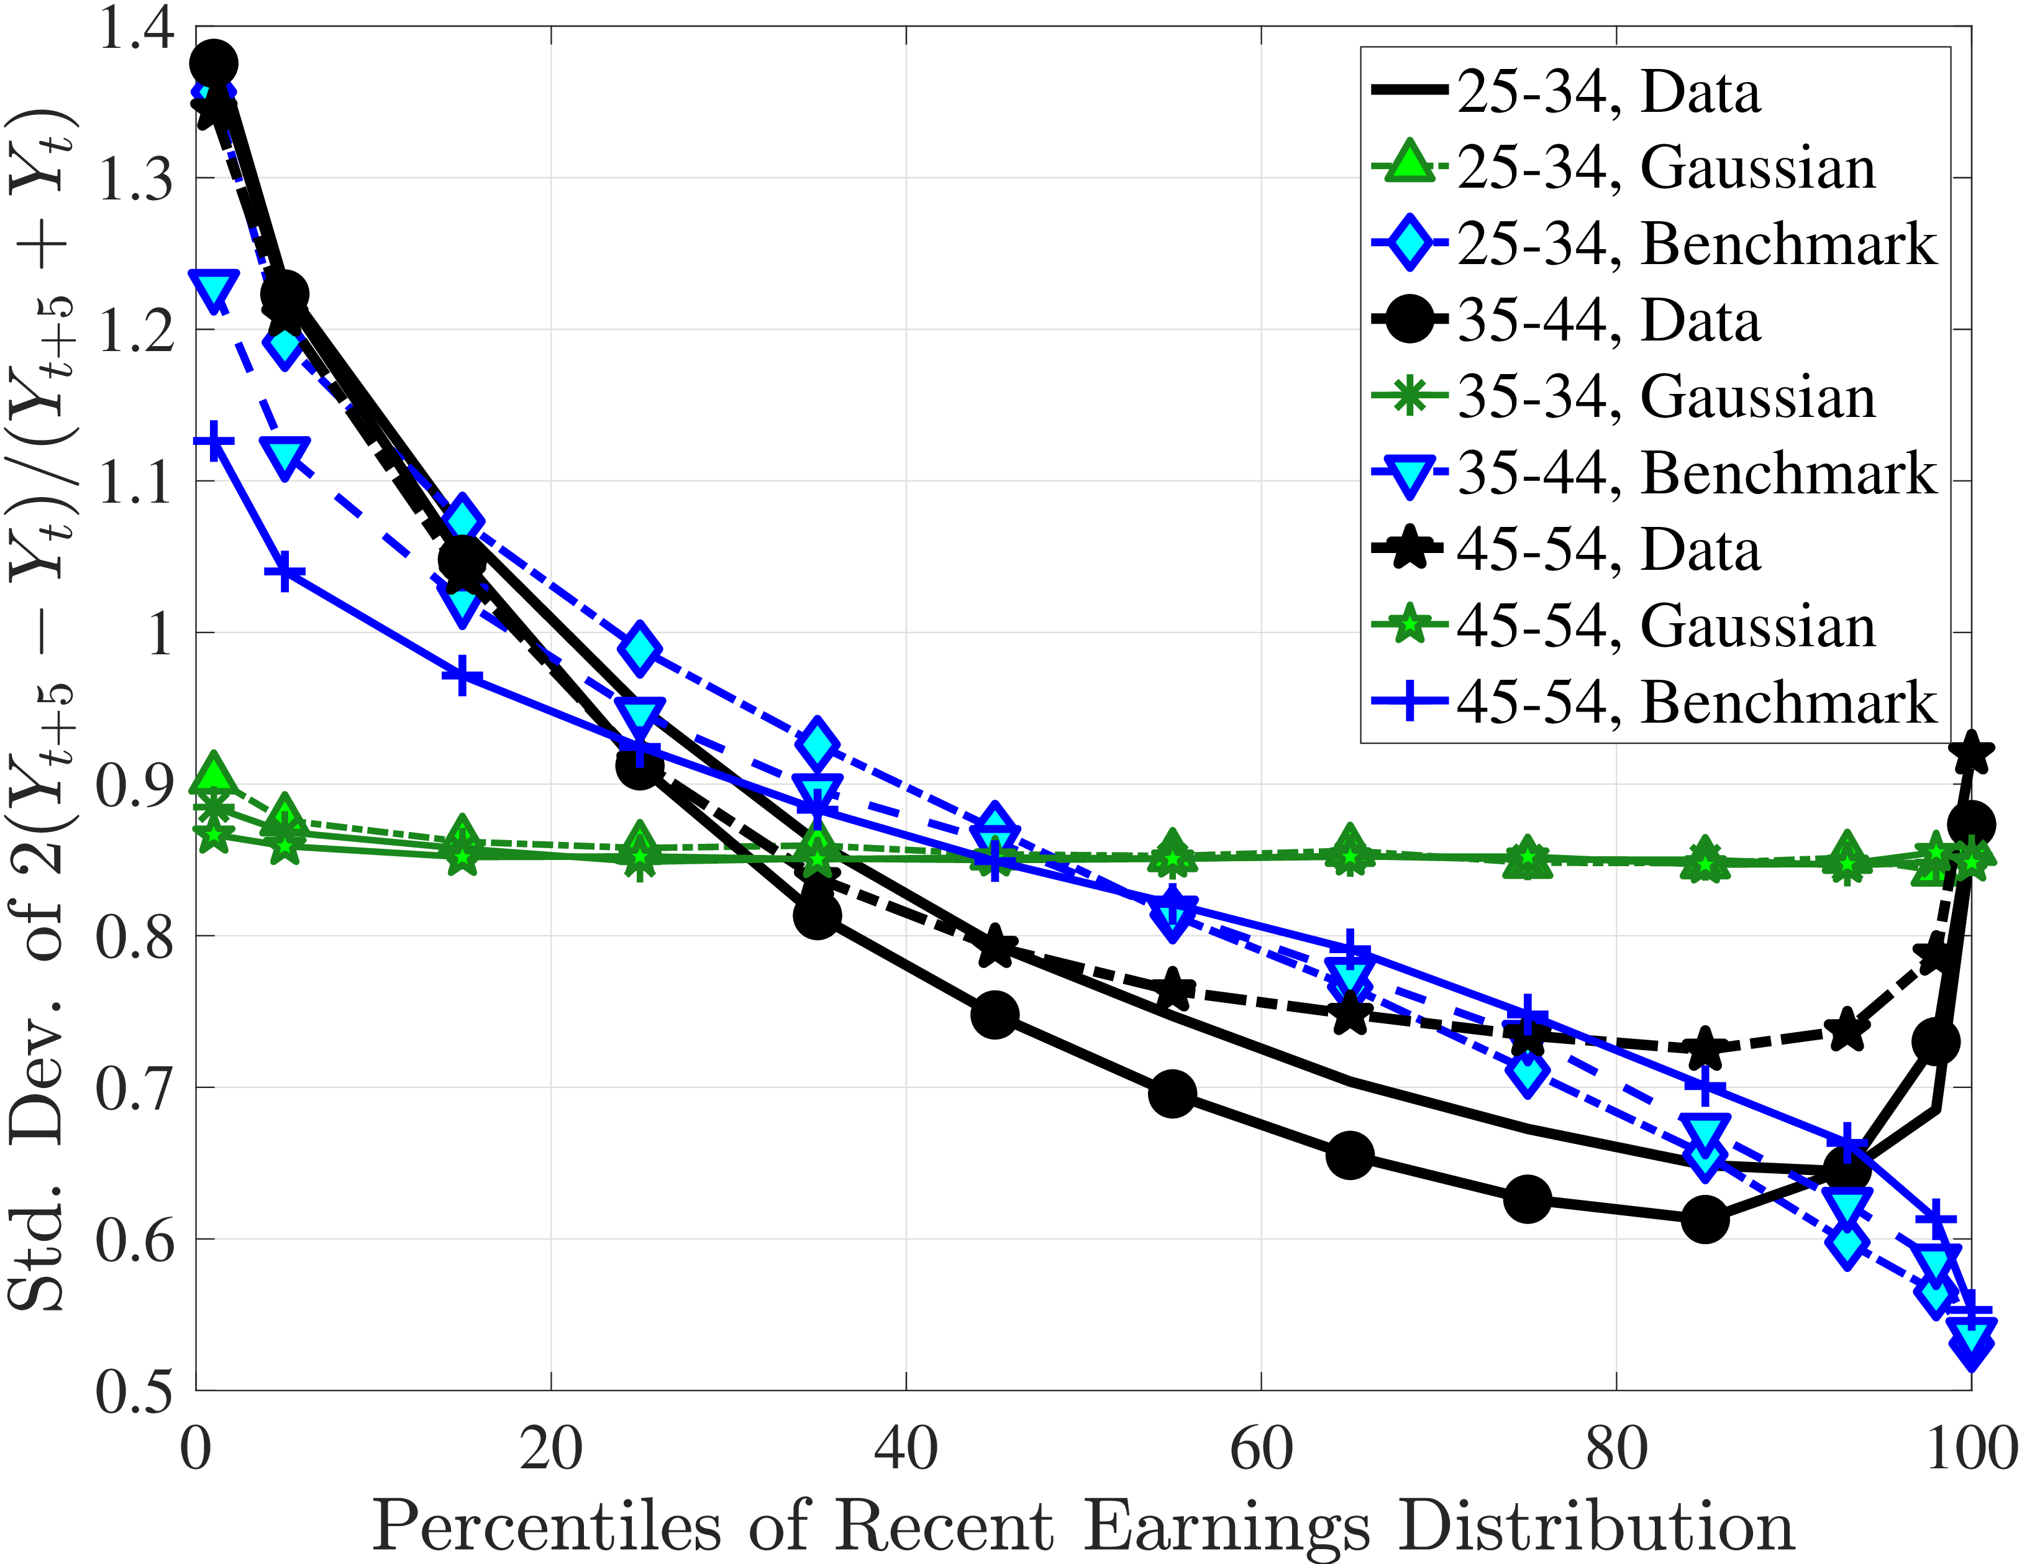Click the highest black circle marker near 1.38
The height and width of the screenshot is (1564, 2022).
(x=214, y=63)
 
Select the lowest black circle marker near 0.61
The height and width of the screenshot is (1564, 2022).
(x=1705, y=1220)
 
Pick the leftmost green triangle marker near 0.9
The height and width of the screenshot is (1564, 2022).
(x=214, y=773)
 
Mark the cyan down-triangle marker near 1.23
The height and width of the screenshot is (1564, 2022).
(x=214, y=289)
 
